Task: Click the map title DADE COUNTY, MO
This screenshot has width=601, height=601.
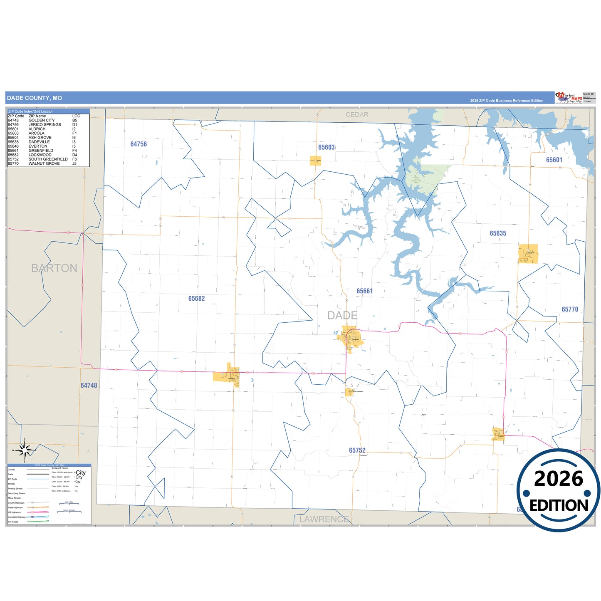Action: coord(35,98)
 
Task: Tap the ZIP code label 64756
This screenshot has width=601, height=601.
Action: coord(139,144)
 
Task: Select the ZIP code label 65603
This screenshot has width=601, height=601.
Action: coord(326,147)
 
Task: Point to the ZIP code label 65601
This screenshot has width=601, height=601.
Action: coord(554,160)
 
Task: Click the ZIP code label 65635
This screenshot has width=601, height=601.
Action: coord(498,233)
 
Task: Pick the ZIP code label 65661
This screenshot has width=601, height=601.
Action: coord(364,291)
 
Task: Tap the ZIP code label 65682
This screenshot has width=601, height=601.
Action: coord(196,299)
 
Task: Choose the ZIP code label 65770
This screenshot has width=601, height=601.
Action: coord(570,309)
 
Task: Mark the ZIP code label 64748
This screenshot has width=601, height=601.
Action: coord(89,386)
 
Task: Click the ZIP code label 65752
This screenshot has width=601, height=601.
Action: coord(357,450)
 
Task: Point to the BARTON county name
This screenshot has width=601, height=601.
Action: coord(54,268)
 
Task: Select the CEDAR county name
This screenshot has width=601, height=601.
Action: coord(357,115)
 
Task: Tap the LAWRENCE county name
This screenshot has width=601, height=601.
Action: coord(324,519)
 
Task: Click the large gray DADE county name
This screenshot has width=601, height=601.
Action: coord(342,316)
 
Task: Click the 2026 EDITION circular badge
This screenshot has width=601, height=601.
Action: coord(558,490)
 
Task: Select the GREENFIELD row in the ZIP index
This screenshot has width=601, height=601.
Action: coord(42,151)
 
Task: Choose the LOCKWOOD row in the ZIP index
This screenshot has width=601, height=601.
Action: coord(42,155)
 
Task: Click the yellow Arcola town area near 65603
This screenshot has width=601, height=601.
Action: coord(315,161)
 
